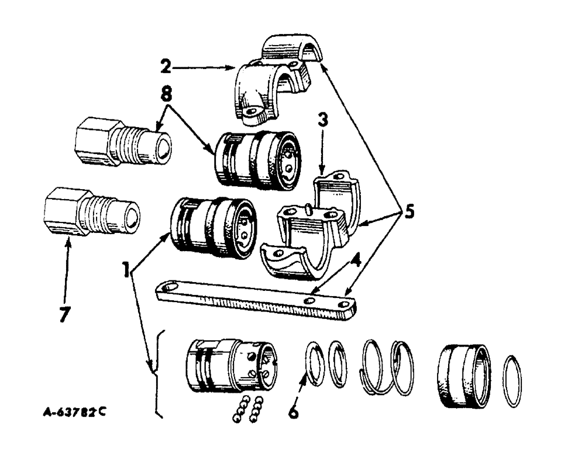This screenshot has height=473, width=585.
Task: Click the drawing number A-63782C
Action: pos(74,410)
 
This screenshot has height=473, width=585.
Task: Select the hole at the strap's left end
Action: pos(170,287)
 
